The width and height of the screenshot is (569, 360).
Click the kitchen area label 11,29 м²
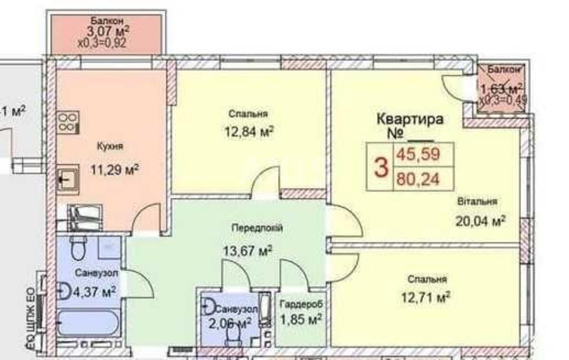coord(115,169)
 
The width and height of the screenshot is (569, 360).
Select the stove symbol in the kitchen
coord(68,122)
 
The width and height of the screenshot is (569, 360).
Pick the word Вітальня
coord(477,202)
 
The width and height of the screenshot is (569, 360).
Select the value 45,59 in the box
coord(419,154)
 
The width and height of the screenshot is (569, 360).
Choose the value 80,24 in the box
coord(419,179)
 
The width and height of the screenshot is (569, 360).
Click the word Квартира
coord(410,119)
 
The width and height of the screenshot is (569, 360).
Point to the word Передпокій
coord(257,228)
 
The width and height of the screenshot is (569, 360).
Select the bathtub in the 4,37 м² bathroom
coord(89,323)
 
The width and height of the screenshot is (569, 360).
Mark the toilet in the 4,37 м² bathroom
coord(77,248)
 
